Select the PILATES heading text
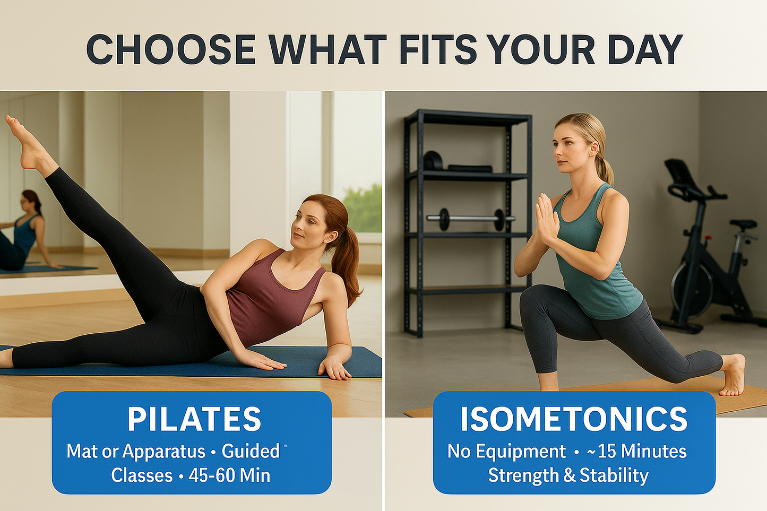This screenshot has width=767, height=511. pyautogui.click(x=194, y=419)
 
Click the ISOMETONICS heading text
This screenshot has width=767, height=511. pyautogui.click(x=574, y=419)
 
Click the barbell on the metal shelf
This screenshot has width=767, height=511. pyautogui.click(x=471, y=219)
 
